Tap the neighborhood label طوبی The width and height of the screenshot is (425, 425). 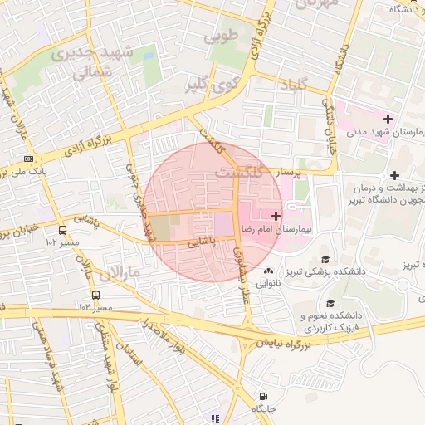pos(225,36)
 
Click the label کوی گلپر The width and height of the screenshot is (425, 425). pos(205,85)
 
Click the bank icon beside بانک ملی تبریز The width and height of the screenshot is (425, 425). pos(29,159)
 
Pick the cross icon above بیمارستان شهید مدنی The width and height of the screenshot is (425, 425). pos(388,119)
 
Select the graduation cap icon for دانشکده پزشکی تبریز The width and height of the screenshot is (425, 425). pos(325,259)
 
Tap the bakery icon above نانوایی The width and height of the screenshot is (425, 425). pos(267,271)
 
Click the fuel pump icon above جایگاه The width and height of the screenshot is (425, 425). pos(263,396)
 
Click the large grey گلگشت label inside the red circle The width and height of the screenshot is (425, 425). pos(241,173)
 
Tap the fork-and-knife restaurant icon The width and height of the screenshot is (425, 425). pos(216,418)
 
